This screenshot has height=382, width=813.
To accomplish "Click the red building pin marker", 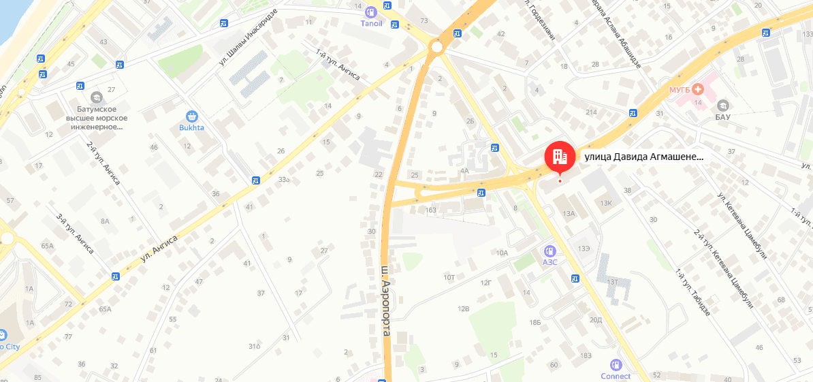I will (560, 157).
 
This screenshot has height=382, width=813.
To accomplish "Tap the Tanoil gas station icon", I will (371, 12).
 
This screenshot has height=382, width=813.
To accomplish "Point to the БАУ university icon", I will (722, 106).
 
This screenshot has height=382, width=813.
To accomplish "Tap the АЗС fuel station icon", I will (550, 251).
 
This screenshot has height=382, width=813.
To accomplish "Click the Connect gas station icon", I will (616, 365).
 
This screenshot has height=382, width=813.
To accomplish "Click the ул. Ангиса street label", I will (159, 249).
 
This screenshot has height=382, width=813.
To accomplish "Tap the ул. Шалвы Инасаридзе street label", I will (249, 38).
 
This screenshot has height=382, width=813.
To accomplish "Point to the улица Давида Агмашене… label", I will (643, 157).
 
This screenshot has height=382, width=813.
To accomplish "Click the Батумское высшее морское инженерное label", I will (96, 118).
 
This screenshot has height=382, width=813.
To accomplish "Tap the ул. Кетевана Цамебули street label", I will (742, 225).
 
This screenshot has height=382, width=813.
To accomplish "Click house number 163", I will (430, 210).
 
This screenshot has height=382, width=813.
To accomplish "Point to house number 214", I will (591, 112).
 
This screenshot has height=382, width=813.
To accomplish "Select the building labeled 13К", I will (607, 203).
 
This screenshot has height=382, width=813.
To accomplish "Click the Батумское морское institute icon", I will (96, 97).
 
